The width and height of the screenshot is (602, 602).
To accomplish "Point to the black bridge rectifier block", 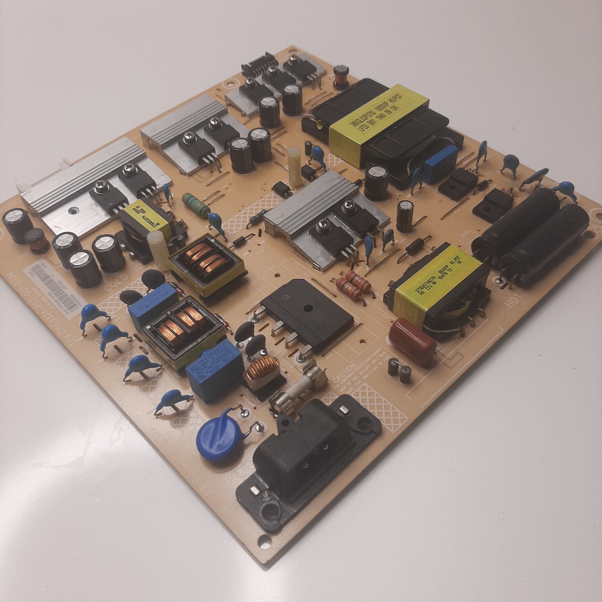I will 307,315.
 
